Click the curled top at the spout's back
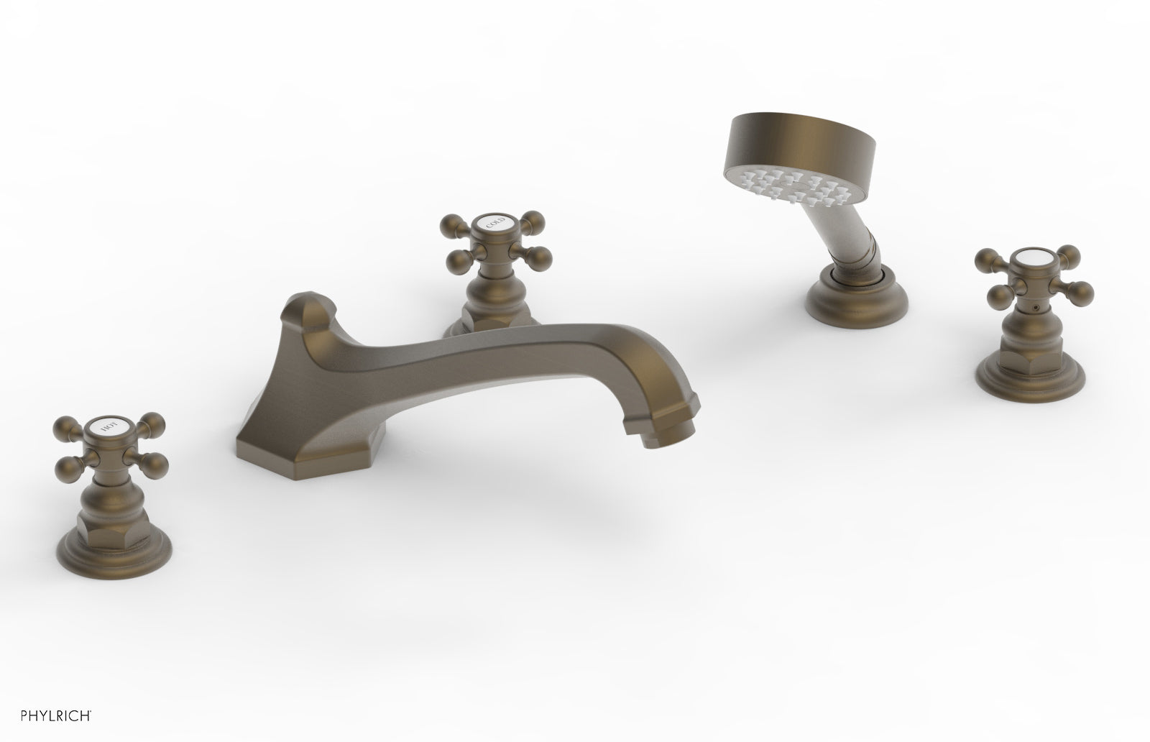tap(307, 307)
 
